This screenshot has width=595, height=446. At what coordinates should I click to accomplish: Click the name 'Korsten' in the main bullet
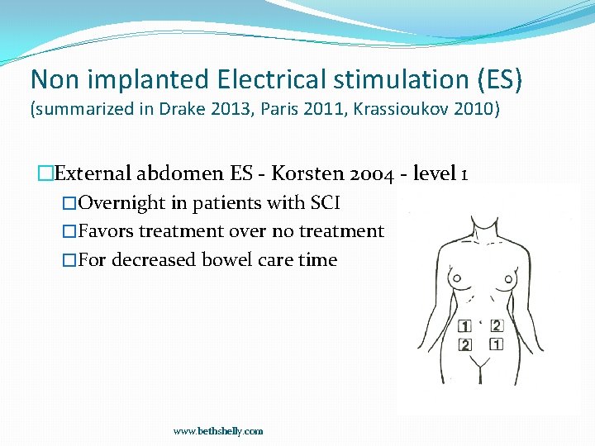click(307, 173)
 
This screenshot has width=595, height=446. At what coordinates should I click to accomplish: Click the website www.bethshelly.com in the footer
click(218, 431)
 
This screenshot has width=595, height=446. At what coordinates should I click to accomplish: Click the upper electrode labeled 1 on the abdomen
click(465, 326)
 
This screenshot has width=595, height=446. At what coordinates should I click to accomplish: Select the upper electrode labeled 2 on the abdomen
click(496, 325)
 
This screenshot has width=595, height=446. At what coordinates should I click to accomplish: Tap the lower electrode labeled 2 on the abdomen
click(466, 344)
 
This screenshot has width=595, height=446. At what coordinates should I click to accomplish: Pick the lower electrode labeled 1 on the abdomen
click(496, 344)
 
